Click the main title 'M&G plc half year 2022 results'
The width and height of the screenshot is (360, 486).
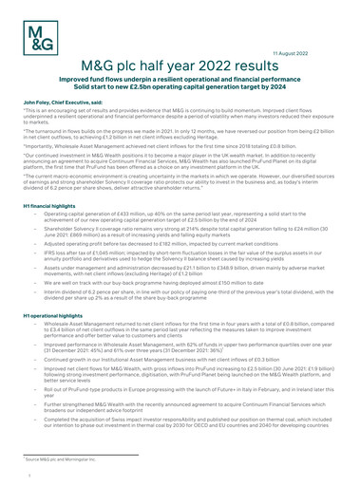tap(180, 65)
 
